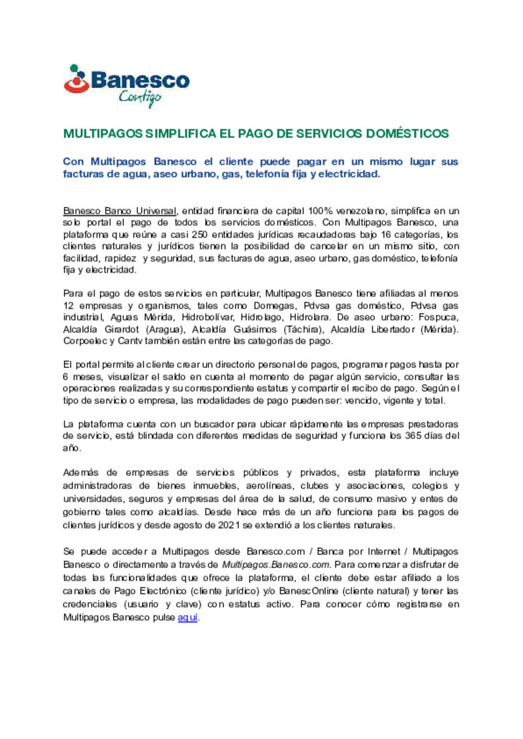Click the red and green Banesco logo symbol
76,79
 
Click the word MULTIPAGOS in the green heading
103,134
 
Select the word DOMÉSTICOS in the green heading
407,134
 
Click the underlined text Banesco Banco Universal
120,211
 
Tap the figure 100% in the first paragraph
320,211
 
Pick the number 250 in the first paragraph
200,235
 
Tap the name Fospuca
438,318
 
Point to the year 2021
229,525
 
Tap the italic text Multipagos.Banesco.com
276,565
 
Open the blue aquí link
187,617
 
